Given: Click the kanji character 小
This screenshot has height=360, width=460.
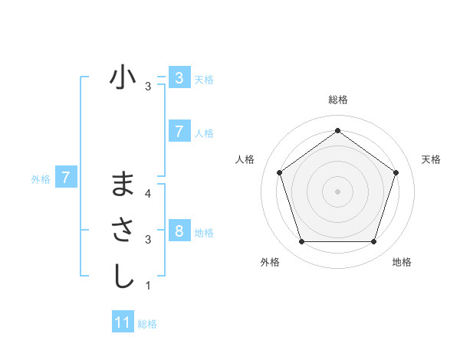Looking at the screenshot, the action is [x=123, y=77].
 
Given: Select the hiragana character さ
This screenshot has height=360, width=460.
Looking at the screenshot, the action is [x=123, y=231].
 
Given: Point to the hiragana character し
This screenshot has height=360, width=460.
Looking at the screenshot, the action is [x=123, y=277].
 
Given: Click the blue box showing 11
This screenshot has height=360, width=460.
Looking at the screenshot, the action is [x=123, y=322].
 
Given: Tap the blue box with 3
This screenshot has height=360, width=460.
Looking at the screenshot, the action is [x=179, y=77].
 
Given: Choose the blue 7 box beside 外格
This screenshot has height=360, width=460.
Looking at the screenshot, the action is [x=66, y=178].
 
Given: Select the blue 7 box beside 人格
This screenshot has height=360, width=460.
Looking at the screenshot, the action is [x=179, y=132].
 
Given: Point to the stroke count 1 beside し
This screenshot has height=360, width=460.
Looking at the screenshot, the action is [x=147, y=286].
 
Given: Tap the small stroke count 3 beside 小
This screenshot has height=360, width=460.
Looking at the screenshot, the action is [x=147, y=87].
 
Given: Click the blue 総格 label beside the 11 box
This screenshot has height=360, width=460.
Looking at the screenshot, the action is [x=147, y=324].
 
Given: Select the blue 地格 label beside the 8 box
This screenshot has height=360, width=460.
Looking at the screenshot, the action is [x=204, y=232].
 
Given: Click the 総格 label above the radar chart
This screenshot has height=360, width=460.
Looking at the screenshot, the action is [x=337, y=100].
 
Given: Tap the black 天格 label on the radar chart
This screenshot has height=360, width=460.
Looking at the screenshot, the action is [x=431, y=159].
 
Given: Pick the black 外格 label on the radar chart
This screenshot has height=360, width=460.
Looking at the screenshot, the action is [x=270, y=262].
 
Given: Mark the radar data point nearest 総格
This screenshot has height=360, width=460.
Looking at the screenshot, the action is [x=337, y=130].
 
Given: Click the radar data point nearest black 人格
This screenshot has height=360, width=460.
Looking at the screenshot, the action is [x=279, y=172].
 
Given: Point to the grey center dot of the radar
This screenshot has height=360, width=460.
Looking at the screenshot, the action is [x=337, y=191].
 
